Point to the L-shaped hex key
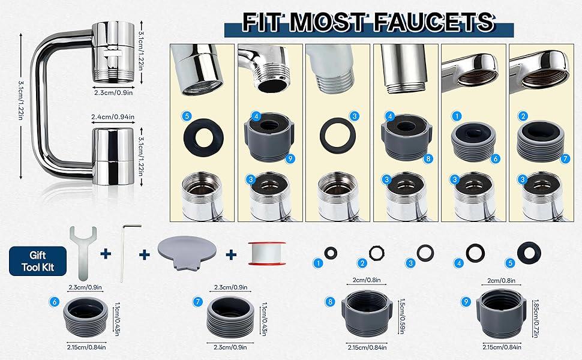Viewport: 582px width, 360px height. coord(125,252)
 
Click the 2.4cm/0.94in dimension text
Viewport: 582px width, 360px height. coord(113,117)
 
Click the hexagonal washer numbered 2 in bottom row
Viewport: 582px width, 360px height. coord(376,253)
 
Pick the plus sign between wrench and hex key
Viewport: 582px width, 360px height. coord(106,254)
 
